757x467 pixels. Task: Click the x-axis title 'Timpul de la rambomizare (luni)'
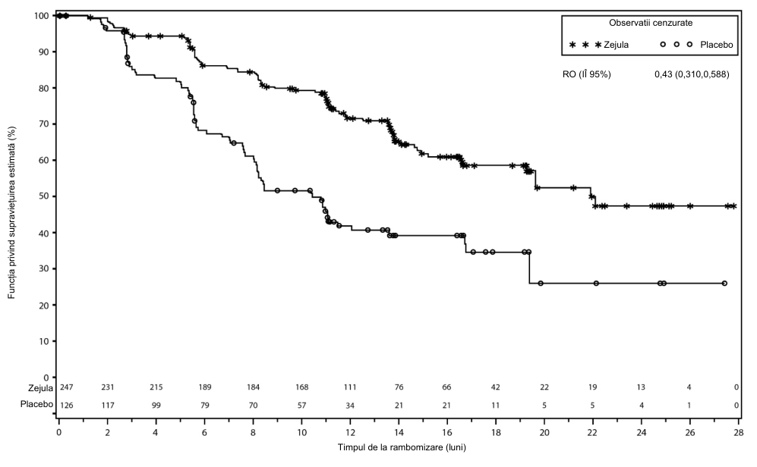402,447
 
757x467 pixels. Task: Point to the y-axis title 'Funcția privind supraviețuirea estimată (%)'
11,212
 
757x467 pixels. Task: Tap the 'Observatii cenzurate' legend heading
650,23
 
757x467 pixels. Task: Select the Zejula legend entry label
616,45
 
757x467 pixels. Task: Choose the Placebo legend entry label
717,45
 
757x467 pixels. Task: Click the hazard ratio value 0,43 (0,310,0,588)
692,74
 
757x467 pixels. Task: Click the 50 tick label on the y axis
44,196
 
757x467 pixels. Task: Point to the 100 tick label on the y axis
42,15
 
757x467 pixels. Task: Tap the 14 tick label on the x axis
399,432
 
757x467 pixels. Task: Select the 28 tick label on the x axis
739,432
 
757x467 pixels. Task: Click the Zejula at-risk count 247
66,387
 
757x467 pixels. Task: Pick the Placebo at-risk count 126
66,406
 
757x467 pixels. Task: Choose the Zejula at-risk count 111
349,387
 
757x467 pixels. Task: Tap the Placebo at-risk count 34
349,406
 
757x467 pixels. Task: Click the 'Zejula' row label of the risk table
40,388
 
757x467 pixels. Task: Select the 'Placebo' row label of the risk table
36,404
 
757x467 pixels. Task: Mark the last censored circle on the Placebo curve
724,284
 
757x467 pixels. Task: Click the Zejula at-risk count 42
495,387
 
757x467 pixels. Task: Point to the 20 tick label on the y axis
44,305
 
